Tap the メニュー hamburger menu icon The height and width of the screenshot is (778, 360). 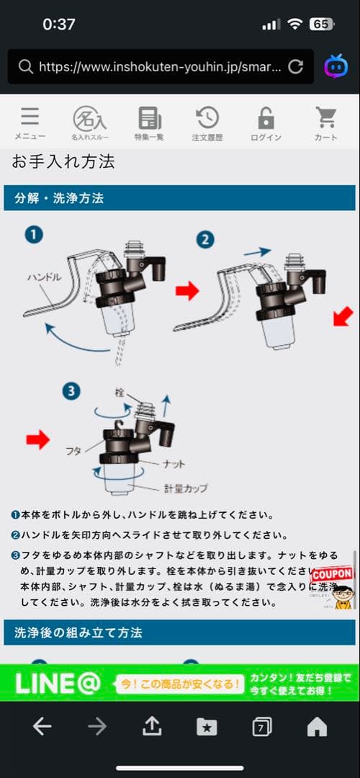[30, 118]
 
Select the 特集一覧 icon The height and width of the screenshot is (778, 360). [149, 118]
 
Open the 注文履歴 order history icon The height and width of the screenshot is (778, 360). [207, 118]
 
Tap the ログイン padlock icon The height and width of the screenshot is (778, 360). [266, 118]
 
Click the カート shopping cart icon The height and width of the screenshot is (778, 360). [325, 118]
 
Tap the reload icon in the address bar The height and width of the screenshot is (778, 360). [295, 66]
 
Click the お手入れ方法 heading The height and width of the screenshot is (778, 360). [63, 161]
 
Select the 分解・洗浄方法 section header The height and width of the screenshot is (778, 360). [59, 197]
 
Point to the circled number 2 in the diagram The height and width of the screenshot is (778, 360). [205, 238]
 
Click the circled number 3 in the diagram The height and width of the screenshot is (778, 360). [70, 391]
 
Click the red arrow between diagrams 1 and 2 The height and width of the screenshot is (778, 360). [186, 291]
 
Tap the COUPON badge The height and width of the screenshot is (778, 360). [331, 574]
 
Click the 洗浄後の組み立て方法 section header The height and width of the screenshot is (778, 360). [78, 632]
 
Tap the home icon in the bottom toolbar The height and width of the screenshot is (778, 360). [317, 727]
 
